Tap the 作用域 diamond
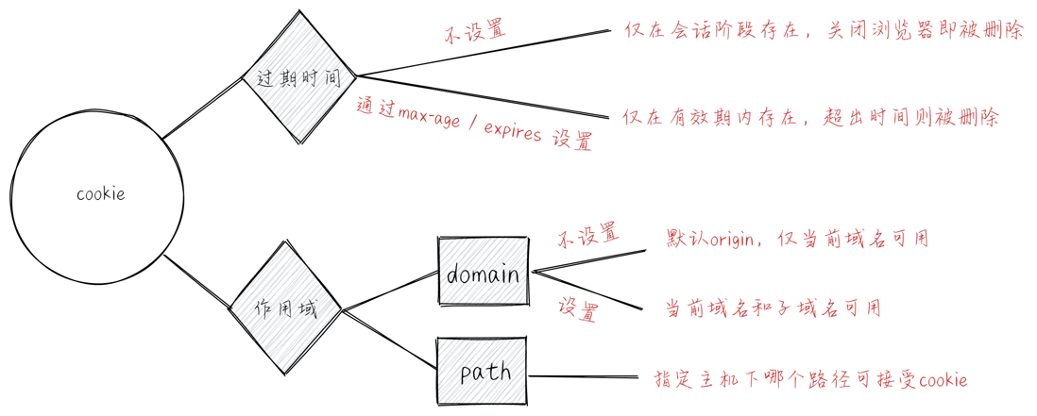pos(286,308)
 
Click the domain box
pos(484,272)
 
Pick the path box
pos(482,371)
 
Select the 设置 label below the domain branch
pos(578,309)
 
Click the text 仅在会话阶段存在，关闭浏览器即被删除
pos(824,31)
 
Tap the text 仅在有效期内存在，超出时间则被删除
pos(811,118)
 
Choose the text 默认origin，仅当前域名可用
pos(798,238)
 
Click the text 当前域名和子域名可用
pos(773,308)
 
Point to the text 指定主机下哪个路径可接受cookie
pos(811,379)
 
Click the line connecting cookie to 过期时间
pos(203,108)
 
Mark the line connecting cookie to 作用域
pos(197,281)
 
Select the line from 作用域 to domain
pos(389,291)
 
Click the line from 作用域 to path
pos(389,339)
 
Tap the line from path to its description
pos(583,377)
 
